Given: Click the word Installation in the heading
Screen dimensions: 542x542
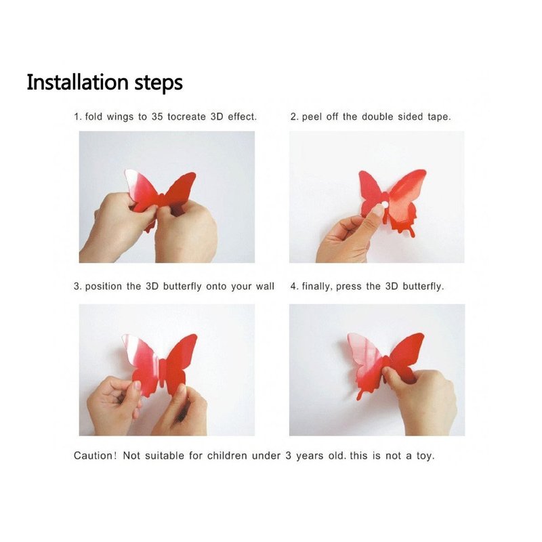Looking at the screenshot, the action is [x=78, y=82].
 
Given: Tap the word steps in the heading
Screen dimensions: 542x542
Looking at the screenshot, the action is [x=159, y=83].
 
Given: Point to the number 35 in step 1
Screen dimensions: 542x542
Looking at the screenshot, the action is [x=157, y=117].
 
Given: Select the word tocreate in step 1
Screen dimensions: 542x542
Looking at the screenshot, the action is [x=187, y=117].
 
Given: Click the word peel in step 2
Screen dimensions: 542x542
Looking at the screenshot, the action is [x=312, y=117].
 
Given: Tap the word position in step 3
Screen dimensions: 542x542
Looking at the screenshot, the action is [x=104, y=287].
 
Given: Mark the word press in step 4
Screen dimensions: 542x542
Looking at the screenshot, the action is [x=348, y=287].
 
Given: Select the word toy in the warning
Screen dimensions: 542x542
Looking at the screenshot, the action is [x=425, y=456].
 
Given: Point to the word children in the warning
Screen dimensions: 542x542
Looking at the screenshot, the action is [x=227, y=455].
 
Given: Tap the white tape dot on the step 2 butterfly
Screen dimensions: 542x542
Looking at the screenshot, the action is [x=384, y=205].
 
